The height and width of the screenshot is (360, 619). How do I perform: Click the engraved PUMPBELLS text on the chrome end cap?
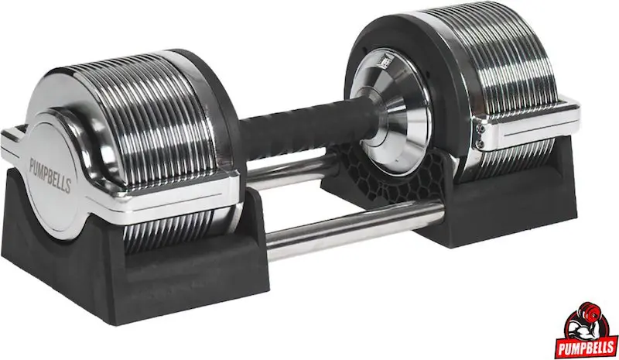(x=50, y=174)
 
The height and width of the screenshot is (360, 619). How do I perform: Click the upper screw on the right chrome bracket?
(x=480, y=128)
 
